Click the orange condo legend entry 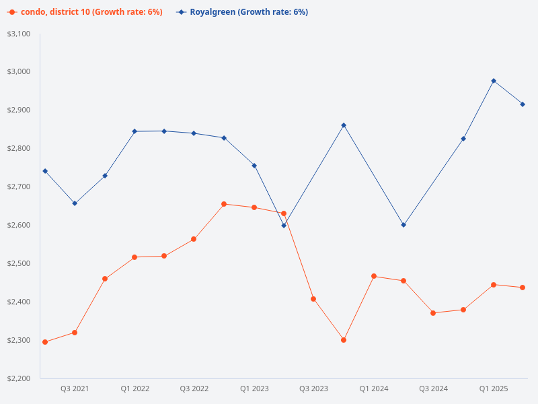(85, 12)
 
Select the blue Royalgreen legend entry (243, 12)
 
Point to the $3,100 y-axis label (18, 34)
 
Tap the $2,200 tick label (18, 378)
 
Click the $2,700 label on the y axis (18, 187)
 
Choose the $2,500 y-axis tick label (18, 263)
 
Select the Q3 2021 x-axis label (75, 389)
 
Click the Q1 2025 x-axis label (494, 389)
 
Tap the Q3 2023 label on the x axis (313, 389)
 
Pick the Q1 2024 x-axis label (373, 389)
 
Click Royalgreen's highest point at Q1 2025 (494, 81)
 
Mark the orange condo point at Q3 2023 (313, 299)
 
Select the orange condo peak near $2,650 (224, 204)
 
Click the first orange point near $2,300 (45, 342)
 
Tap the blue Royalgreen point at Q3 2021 (75, 203)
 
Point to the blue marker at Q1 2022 (134, 131)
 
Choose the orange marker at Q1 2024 (374, 276)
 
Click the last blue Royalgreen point (523, 104)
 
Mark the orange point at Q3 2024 (433, 313)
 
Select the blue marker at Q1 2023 (254, 166)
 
